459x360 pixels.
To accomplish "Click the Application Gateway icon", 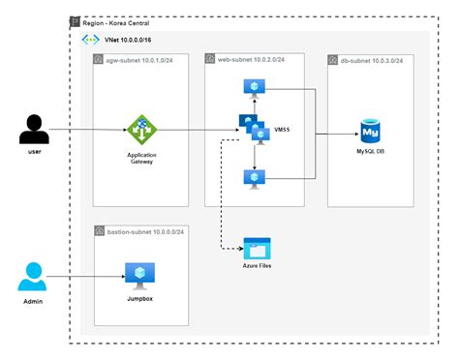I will (x=140, y=129).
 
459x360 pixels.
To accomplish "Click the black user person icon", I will (x=35, y=128).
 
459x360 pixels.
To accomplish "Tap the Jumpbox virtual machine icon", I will (x=140, y=275).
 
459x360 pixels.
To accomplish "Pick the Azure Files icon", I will (x=257, y=246).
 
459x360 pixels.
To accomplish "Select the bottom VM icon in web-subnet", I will (x=254, y=177).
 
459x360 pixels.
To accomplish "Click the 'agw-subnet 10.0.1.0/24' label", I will (x=147, y=60).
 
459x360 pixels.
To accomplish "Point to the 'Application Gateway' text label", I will (x=140, y=158).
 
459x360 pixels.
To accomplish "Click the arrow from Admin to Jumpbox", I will (x=87, y=276).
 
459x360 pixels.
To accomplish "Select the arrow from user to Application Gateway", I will (x=87, y=129).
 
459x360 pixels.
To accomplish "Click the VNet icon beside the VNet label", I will (x=93, y=42).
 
